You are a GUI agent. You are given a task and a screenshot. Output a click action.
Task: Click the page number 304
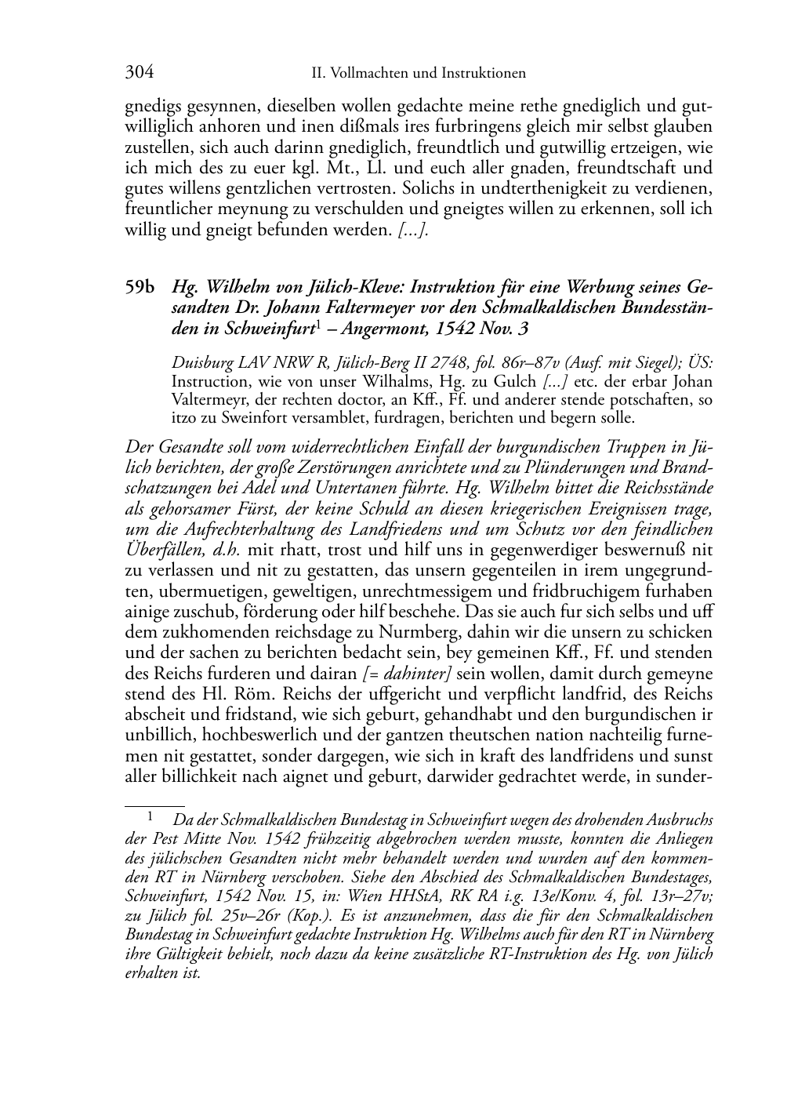tap(139, 74)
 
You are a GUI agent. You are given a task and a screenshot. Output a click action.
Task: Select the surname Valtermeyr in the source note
tap(206, 399)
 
